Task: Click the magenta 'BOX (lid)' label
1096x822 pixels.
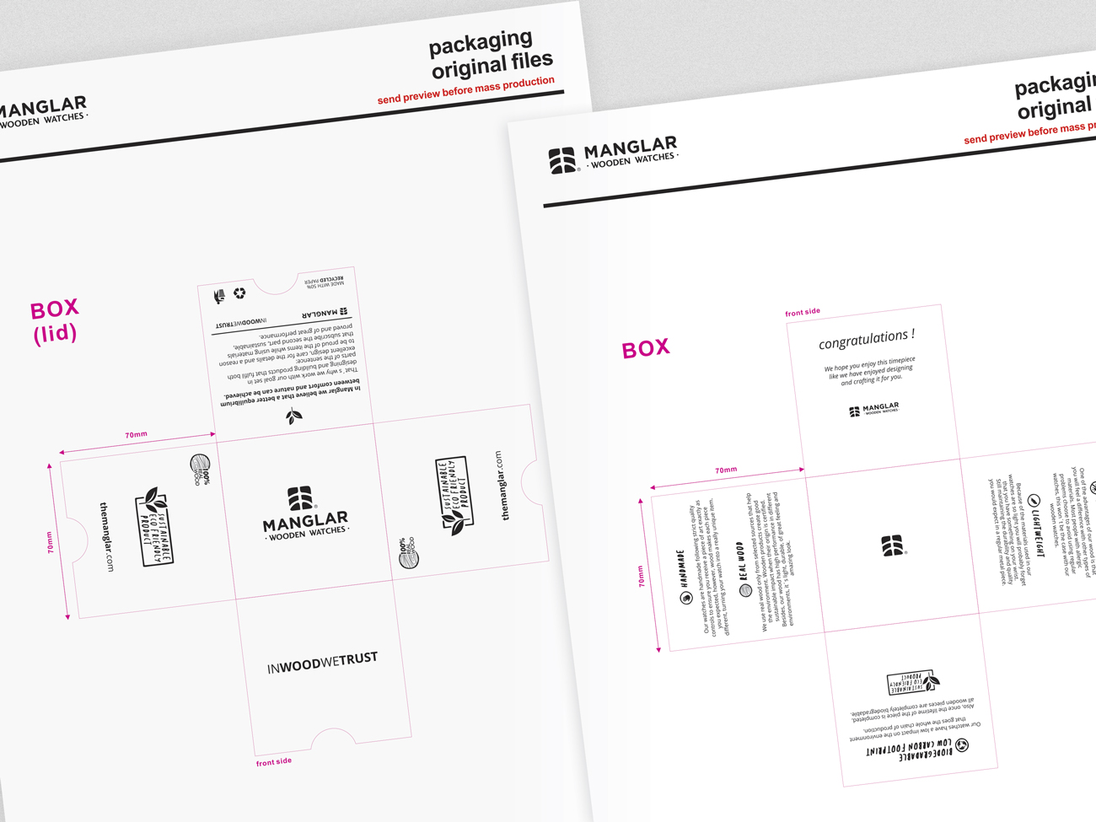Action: point(55,321)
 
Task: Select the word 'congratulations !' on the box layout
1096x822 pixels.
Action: point(866,339)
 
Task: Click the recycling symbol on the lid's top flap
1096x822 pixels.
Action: point(239,293)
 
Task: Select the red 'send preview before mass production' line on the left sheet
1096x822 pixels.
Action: point(465,91)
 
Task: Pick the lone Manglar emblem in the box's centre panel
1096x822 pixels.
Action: point(893,545)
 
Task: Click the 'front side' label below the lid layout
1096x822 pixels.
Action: point(274,761)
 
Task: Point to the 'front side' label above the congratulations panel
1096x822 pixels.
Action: point(803,312)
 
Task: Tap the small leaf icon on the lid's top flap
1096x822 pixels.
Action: point(293,416)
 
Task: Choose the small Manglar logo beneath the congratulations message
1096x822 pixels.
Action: point(873,410)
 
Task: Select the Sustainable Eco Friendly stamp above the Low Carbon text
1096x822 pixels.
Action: point(912,681)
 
